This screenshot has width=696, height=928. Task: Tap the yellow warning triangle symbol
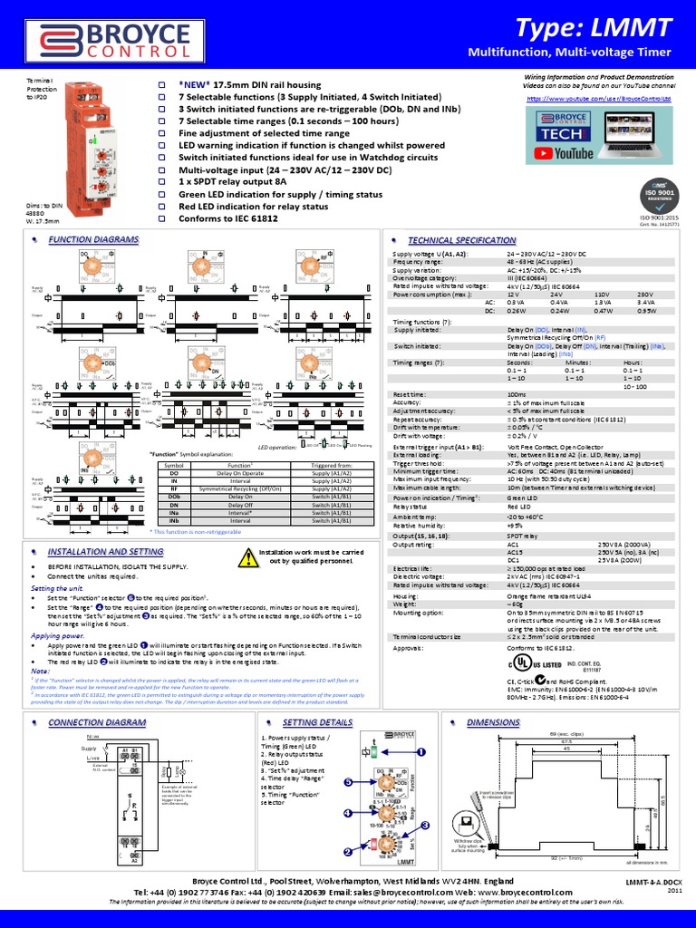coord(248,556)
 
